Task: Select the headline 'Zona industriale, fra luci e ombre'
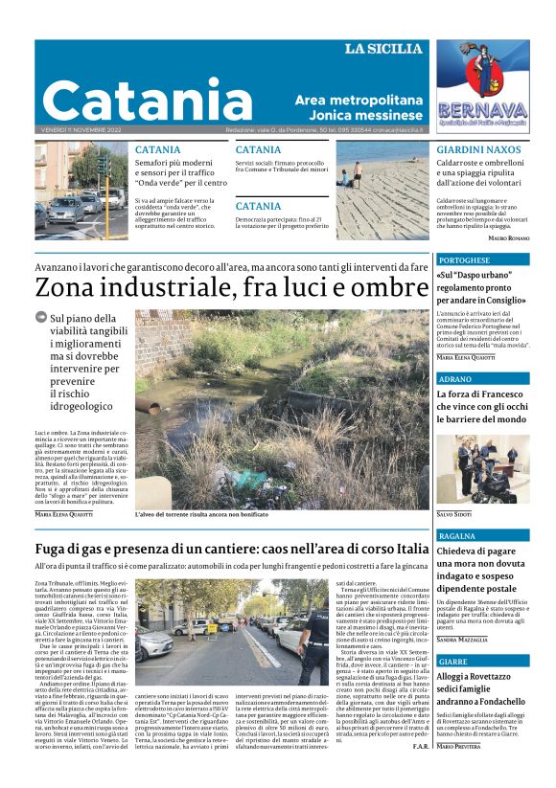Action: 230,288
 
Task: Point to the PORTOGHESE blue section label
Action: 464,259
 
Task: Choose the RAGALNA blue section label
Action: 457,536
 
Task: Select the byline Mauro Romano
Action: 508,237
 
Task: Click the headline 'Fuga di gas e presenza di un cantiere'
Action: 219,550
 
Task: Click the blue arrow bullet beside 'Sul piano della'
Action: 40,318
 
